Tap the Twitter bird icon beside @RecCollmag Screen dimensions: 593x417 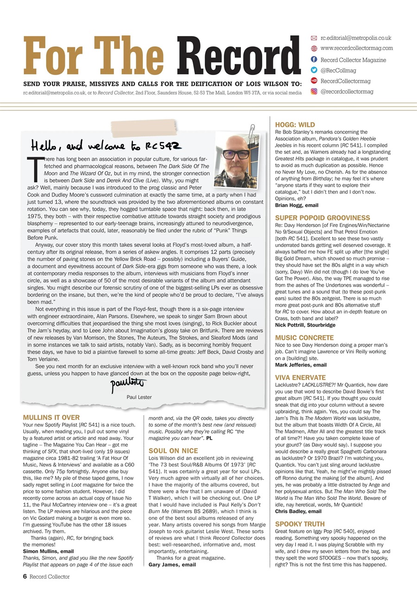[x=314, y=70]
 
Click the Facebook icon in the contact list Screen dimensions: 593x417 [x=314, y=60]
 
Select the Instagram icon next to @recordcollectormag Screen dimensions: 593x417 [x=314, y=92]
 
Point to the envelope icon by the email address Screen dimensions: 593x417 [x=314, y=38]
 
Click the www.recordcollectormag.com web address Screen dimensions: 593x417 [x=356, y=48]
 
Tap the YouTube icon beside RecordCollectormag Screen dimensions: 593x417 [x=314, y=81]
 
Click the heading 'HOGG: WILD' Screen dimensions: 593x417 [x=295, y=125]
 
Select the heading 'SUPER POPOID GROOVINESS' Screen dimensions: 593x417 [x=322, y=218]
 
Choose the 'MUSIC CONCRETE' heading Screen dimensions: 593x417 [x=304, y=338]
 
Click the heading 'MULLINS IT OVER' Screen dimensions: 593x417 [x=51, y=417]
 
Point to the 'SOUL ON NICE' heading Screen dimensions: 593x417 [x=173, y=451]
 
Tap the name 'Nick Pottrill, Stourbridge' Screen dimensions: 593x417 [x=305, y=325]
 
